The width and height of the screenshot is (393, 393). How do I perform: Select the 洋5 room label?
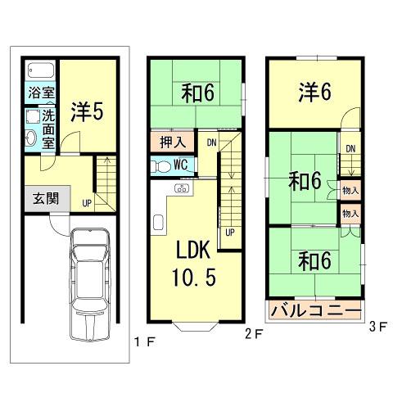(85, 111)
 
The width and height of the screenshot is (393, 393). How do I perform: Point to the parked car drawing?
(89, 282)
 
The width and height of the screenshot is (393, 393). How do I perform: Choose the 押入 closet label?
(173, 142)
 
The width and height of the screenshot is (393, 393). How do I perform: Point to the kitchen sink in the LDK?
(181, 190)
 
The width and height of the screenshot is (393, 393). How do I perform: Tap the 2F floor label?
(254, 333)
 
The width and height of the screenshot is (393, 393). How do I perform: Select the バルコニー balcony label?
(315, 312)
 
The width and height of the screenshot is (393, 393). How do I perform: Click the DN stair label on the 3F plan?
(350, 148)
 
